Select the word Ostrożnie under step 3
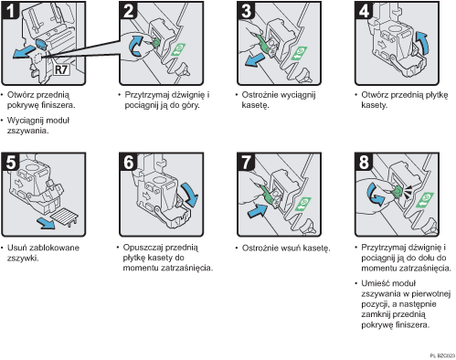(x=257, y=95)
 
